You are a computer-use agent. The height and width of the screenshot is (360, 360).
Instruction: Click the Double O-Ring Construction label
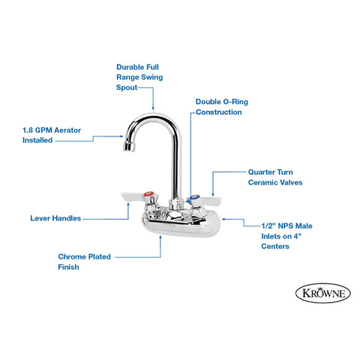pos(218,106)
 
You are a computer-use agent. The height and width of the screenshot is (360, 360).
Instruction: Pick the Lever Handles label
pos(55,218)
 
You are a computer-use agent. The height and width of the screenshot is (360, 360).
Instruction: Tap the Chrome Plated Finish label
pos(84,262)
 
